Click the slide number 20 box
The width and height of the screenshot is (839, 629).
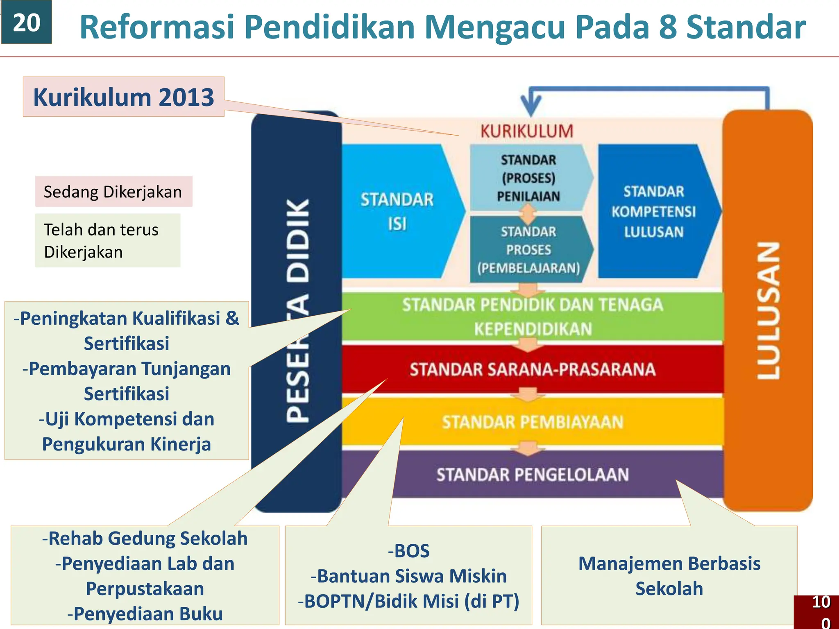tap(26, 22)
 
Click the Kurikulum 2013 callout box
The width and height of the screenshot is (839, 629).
tap(123, 97)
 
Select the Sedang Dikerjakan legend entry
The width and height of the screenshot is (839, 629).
tap(113, 192)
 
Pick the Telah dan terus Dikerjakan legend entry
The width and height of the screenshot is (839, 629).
tap(107, 241)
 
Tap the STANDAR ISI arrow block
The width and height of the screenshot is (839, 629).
tap(397, 212)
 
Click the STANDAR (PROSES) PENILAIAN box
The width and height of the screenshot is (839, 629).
tap(528, 178)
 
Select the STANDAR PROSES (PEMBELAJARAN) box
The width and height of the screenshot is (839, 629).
tap(528, 250)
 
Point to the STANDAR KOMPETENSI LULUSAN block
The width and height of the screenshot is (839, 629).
tap(653, 212)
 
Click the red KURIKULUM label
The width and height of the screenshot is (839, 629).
tap(527, 131)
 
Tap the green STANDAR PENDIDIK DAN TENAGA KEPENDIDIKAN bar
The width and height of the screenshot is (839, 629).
tap(532, 317)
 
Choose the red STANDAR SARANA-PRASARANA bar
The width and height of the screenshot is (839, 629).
tap(532, 369)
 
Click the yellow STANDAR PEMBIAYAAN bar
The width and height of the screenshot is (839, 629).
tap(532, 422)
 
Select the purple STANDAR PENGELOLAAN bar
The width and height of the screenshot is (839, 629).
tap(532, 475)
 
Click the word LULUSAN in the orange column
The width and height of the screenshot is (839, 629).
tap(768, 310)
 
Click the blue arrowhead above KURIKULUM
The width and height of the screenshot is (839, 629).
tap(531, 106)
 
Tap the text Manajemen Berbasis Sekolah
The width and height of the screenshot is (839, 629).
tap(669, 576)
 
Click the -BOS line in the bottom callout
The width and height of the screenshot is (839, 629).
tap(409, 551)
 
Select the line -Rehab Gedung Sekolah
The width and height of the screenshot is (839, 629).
tap(145, 538)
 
